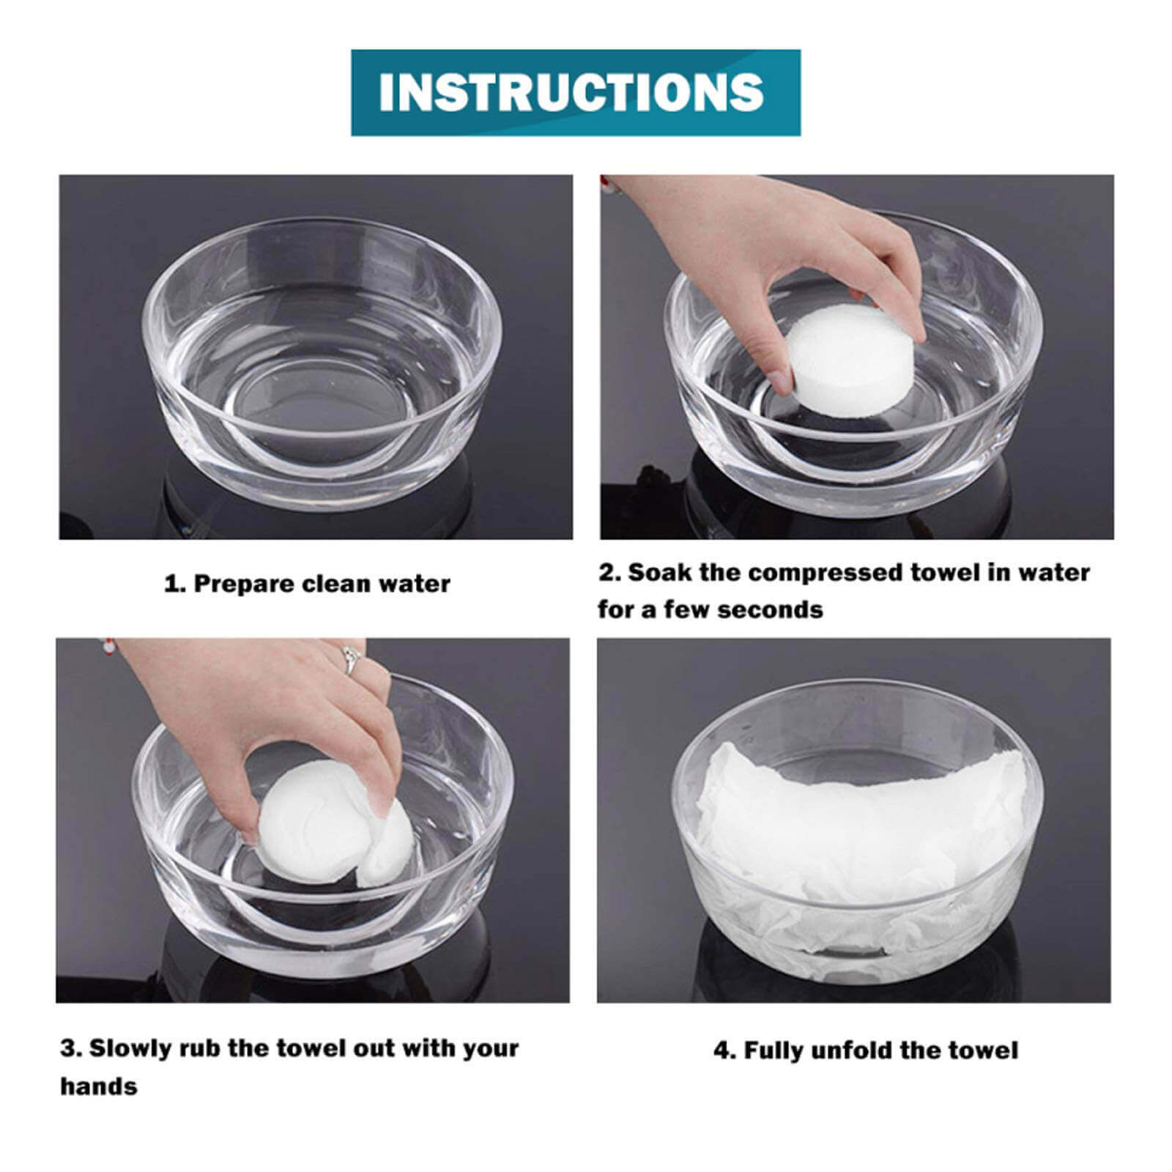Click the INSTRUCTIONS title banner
pos(576,92)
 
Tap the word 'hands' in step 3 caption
pos(98,1086)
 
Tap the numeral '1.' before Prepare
pos(174,584)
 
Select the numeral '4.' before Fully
pos(725,1051)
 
